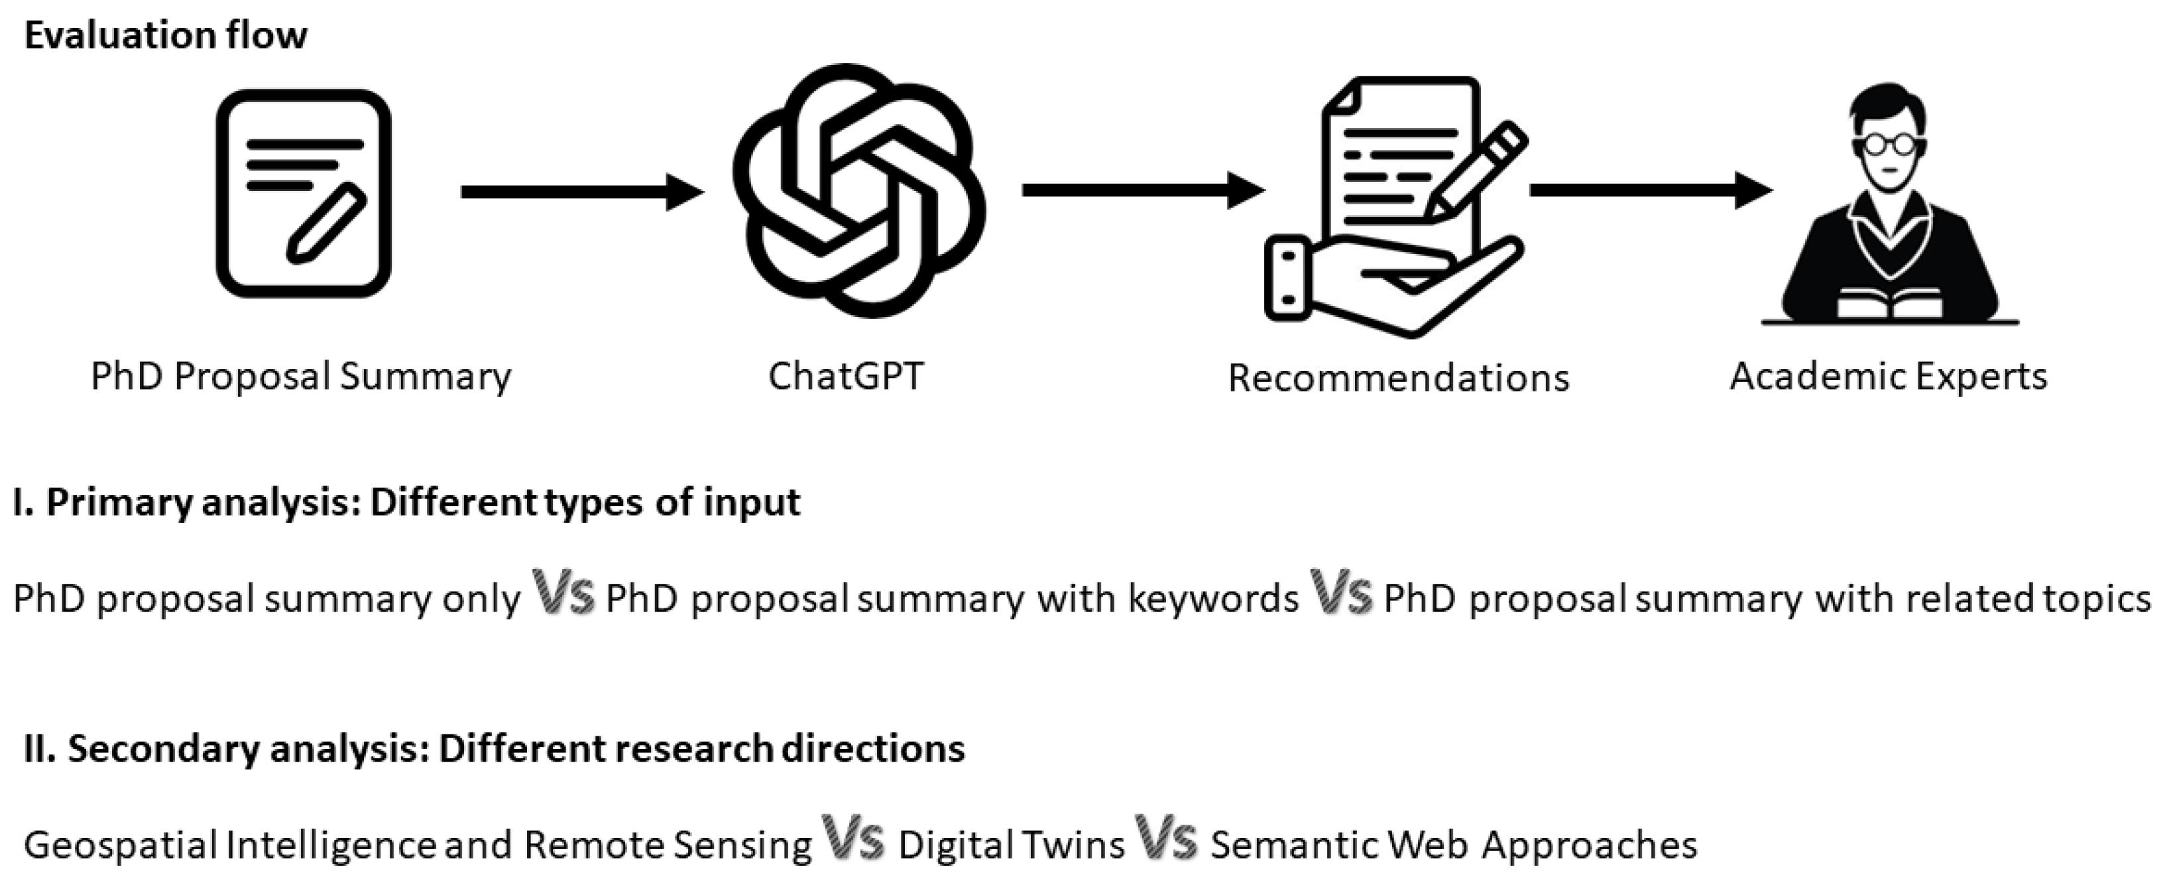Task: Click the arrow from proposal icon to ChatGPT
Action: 581,192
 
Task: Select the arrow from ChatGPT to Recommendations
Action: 1143,190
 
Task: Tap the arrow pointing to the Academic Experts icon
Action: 1651,190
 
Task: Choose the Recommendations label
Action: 1399,377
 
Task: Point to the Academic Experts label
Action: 1889,375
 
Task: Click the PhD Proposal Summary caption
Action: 300,375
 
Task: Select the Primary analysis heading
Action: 407,503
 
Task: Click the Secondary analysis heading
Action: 495,748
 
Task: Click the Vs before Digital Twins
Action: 853,839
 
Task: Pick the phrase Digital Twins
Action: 1011,845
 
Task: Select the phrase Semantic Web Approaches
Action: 1453,845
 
